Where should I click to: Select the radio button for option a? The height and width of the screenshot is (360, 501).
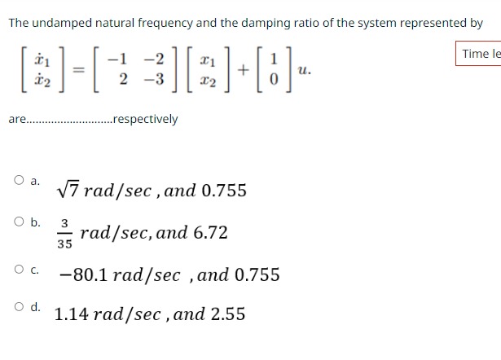coord(18,180)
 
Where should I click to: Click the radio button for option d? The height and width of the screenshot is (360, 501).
coord(18,307)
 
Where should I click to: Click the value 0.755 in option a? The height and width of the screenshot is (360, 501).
coord(224,191)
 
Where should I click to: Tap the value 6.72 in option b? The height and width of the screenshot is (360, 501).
coord(210,233)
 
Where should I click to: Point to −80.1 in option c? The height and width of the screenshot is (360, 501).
coord(84,275)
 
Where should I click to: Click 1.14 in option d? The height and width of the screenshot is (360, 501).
coord(72,314)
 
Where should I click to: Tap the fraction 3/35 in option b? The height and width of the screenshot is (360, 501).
coord(64,233)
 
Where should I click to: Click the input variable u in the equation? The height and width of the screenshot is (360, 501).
coord(305,71)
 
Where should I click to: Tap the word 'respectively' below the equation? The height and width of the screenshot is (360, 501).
coord(145,120)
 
